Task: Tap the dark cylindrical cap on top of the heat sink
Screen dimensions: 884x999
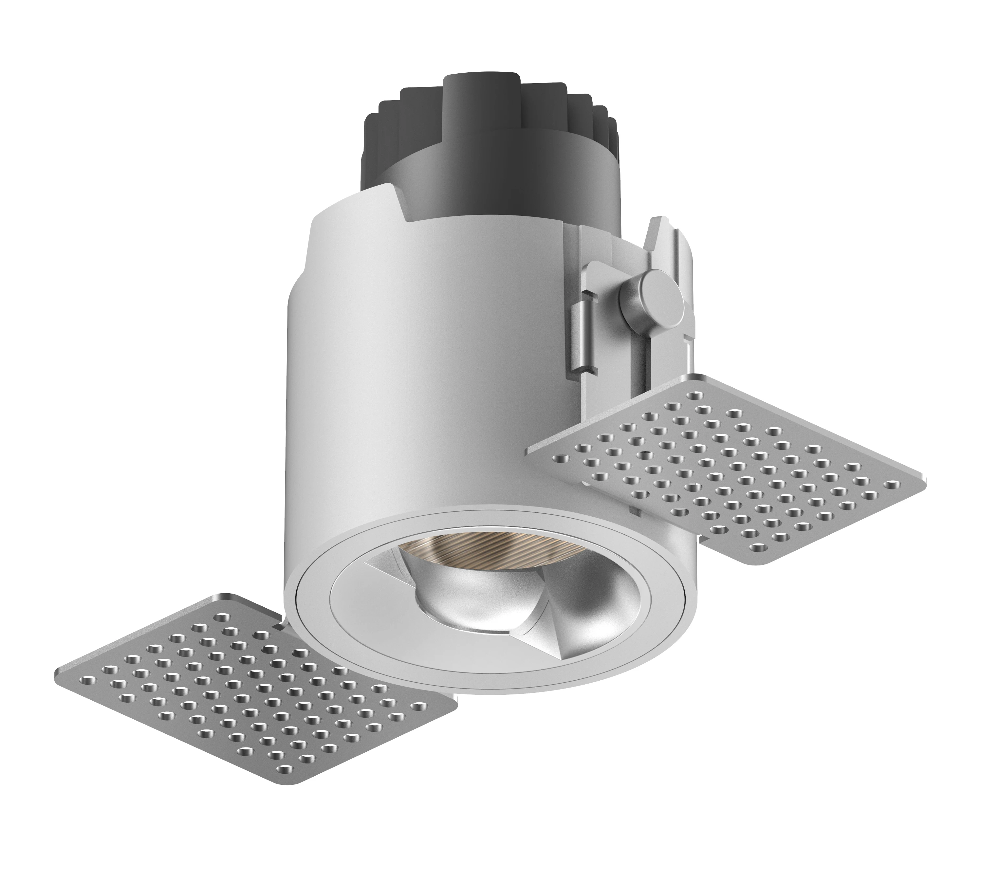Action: (x=481, y=100)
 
